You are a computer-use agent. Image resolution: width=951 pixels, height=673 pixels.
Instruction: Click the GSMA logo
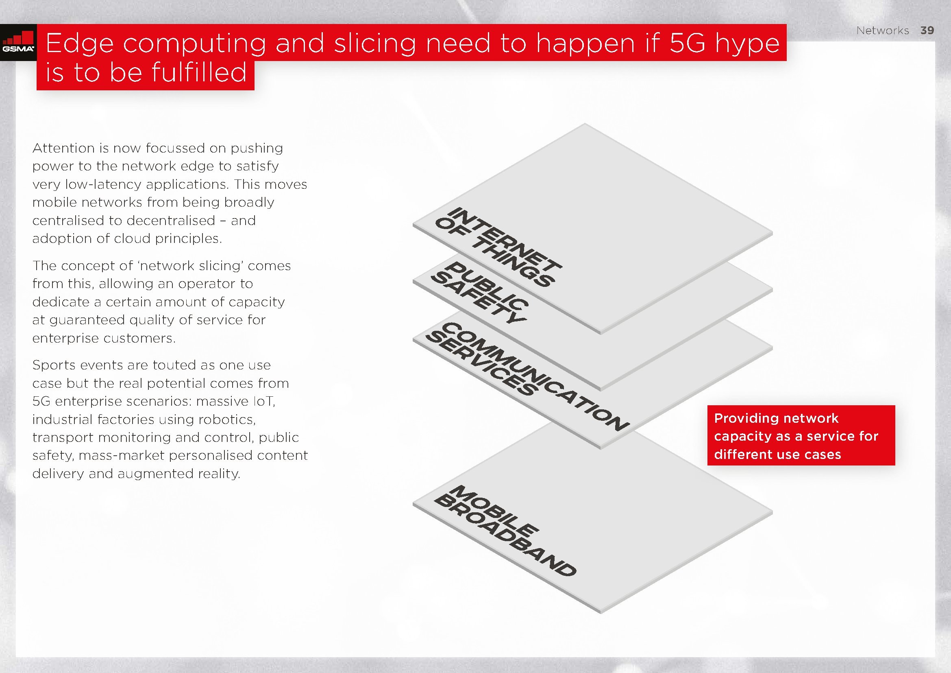click(x=18, y=43)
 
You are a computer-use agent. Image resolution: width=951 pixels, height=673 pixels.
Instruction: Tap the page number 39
click(x=927, y=30)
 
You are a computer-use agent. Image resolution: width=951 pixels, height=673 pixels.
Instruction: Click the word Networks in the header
click(x=883, y=30)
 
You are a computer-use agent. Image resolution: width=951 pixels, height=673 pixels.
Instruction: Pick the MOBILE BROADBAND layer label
click(x=505, y=531)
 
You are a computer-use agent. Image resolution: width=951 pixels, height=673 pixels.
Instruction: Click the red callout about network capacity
click(x=801, y=435)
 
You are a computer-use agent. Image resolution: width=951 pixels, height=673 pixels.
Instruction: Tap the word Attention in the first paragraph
click(x=63, y=148)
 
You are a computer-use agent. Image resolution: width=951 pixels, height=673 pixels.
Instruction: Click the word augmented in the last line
click(x=156, y=474)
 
